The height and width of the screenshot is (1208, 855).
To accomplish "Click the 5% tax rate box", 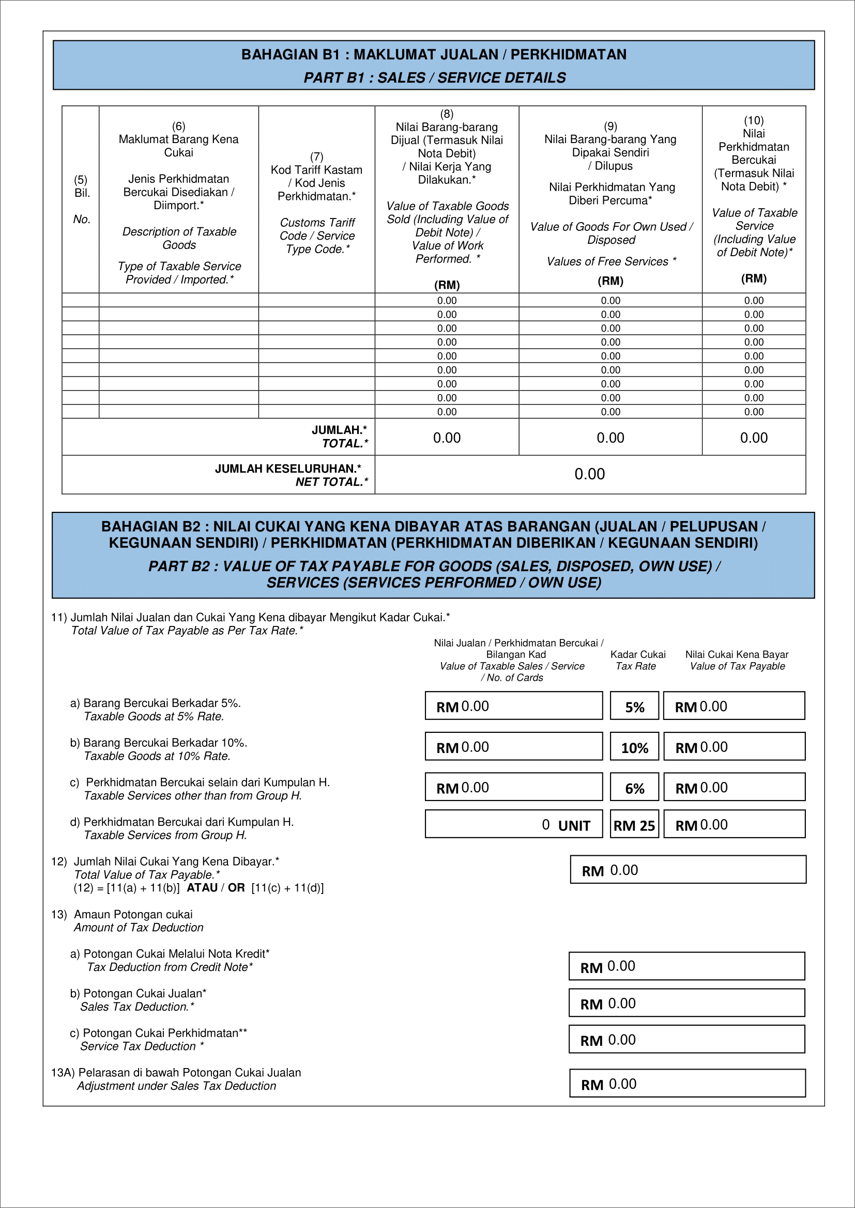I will pos(634,706).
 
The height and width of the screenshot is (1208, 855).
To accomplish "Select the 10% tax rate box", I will pos(634,747).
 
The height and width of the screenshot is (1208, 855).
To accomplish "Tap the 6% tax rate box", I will pos(634,787).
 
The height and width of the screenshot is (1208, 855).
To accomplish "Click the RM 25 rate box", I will pos(634,824).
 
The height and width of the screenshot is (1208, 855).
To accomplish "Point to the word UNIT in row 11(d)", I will pos(574,825).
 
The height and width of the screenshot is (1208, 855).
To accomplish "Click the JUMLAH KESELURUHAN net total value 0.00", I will pos(589,474).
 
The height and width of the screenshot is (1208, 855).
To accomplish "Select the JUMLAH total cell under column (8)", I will pos(447,437).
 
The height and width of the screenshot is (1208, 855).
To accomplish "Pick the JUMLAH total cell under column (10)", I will pos(753,437).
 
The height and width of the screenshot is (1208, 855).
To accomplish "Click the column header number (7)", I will pos(316,156).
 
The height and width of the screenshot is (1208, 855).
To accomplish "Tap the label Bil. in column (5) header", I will pos(82,193).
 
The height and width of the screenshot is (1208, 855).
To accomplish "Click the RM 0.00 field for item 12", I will pos(688,870).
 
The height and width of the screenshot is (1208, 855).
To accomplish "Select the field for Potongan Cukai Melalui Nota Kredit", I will pos(686,966).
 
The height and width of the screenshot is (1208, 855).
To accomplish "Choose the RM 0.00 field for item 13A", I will pos(687,1084).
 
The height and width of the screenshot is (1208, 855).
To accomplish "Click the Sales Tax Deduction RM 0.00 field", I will pos(686,1003).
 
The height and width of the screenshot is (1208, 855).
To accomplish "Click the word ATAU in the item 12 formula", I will pos(202,888).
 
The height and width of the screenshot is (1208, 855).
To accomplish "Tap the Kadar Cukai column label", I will pos(637,654).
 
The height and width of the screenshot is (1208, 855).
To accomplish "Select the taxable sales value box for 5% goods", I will pos(513,706).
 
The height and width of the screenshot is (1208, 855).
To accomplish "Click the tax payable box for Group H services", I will pos(734,824).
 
